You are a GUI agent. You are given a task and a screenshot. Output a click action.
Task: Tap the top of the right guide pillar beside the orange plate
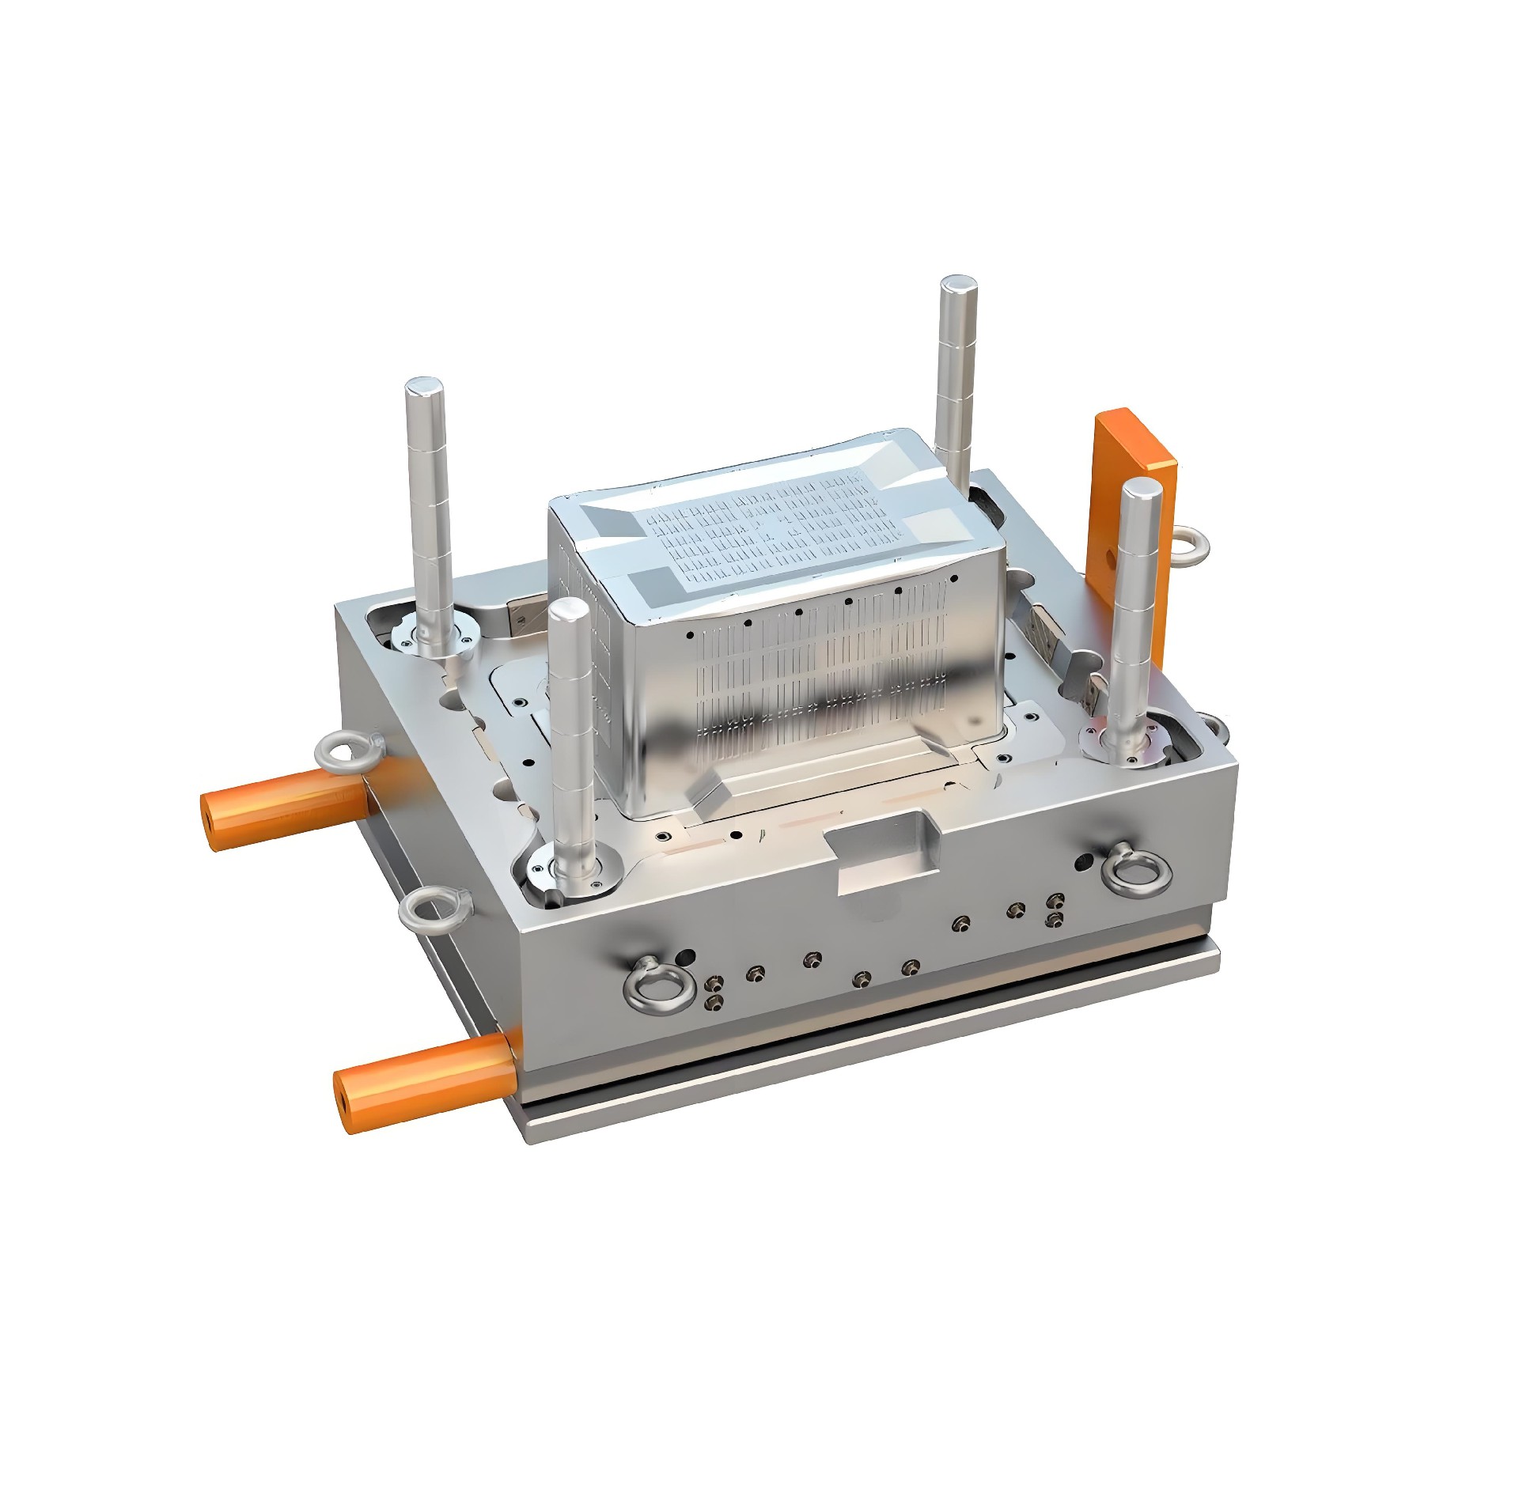pos(1141,494)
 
